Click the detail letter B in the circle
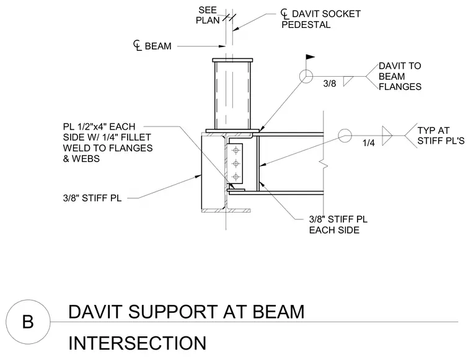28,322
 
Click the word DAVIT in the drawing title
95,311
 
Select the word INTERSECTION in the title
138,343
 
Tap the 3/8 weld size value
330,83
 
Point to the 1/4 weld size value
369,143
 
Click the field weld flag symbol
310,58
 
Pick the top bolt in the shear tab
236,150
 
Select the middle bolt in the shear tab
236,164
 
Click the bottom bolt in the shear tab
236,177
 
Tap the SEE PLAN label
208,15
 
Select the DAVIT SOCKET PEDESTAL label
321,19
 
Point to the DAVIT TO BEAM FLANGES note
400,76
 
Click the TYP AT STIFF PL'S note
441,136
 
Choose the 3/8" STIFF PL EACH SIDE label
338,224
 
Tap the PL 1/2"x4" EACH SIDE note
108,143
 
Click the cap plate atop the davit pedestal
232,60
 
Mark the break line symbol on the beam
324,164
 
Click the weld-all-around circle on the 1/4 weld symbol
345,136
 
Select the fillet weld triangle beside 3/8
348,81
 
